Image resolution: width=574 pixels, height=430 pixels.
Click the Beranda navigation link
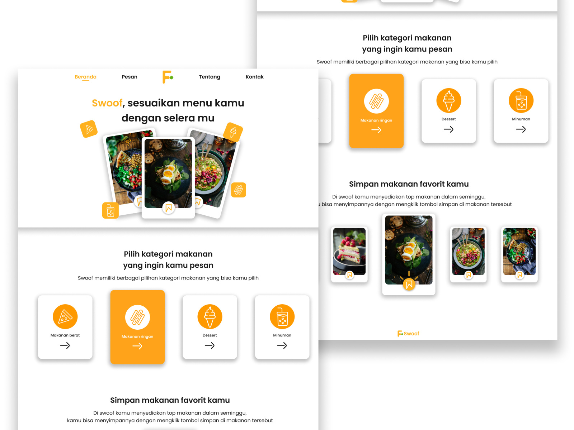pyautogui.click(x=85, y=77)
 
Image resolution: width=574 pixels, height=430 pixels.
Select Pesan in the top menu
pyautogui.click(x=130, y=77)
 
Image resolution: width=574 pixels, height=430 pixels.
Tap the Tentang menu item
pyautogui.click(x=210, y=77)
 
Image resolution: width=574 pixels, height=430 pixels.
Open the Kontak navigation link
pyautogui.click(x=254, y=77)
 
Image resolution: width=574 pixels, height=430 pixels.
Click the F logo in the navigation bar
pyautogui.click(x=168, y=77)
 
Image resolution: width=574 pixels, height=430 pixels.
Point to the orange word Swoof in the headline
pyautogui.click(x=107, y=103)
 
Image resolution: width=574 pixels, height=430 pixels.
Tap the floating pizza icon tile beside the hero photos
pyautogui.click(x=89, y=129)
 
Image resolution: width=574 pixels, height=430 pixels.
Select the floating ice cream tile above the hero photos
pyautogui.click(x=233, y=132)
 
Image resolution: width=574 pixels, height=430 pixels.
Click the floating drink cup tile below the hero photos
pyautogui.click(x=110, y=210)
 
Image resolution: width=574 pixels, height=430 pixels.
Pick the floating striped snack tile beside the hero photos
pyautogui.click(x=239, y=190)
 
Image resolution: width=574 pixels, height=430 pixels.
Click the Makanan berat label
pyautogui.click(x=65, y=335)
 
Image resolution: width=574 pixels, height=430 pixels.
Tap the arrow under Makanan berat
pyautogui.click(x=65, y=346)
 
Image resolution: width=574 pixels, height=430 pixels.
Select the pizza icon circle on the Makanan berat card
pyautogui.click(x=65, y=317)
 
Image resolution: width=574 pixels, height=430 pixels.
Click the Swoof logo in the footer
pyautogui.click(x=408, y=334)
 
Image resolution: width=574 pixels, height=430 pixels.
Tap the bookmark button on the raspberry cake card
pyautogui.click(x=349, y=275)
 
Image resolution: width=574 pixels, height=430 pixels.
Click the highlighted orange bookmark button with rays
pyautogui.click(x=409, y=285)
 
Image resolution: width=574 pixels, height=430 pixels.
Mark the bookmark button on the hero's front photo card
pyautogui.click(x=168, y=207)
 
